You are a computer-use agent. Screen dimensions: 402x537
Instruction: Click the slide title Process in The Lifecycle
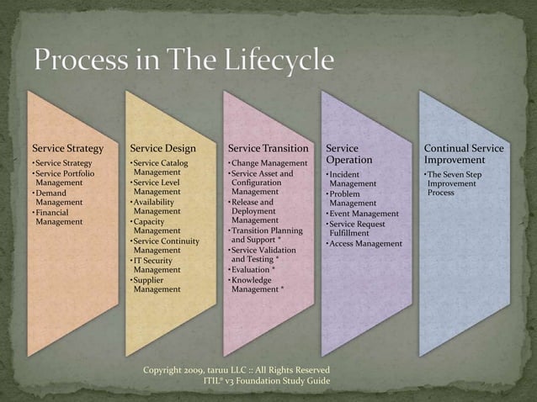[183, 61]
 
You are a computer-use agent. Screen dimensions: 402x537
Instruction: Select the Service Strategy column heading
[67, 148]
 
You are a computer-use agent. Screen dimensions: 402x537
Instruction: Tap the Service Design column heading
[162, 148]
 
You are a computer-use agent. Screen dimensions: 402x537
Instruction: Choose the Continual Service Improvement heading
[464, 154]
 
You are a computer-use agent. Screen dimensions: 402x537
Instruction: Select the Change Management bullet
[269, 162]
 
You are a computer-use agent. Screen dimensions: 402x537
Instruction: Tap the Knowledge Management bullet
[258, 284]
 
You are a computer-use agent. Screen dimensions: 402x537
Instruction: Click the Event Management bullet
[364, 214]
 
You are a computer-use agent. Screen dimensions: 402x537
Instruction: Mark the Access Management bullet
[366, 244]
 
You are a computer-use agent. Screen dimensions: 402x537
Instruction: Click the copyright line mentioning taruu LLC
[237, 370]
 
